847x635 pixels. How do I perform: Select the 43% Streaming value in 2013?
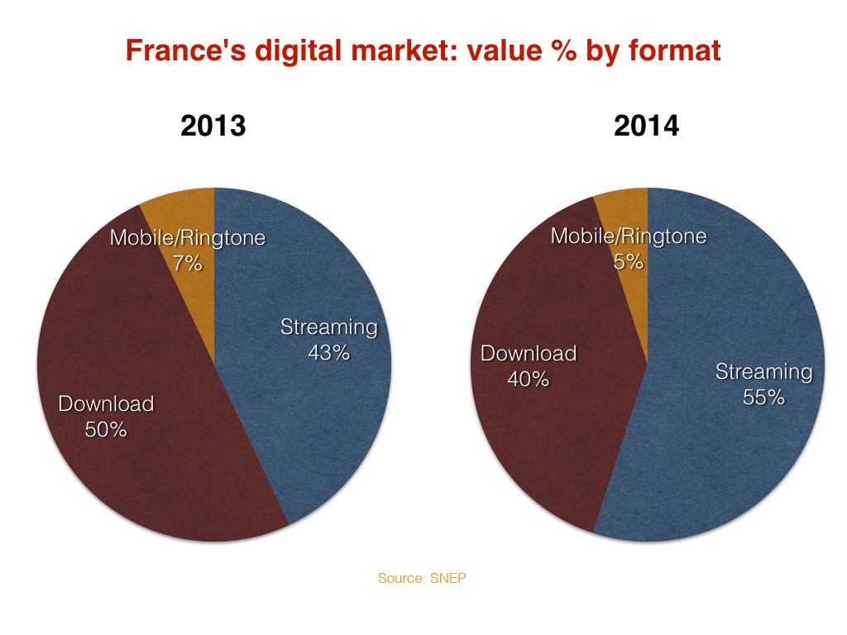pyautogui.click(x=328, y=352)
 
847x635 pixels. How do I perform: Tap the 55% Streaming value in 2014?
pyautogui.click(x=763, y=397)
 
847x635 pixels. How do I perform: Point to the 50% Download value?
pyautogui.click(x=106, y=429)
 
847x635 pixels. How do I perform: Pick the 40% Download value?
pyautogui.click(x=529, y=379)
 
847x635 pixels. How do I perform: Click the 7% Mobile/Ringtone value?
pyautogui.click(x=188, y=264)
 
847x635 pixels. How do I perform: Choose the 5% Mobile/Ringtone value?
pyautogui.click(x=629, y=262)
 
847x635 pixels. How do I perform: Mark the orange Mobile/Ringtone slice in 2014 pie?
pyautogui.click(x=625, y=207)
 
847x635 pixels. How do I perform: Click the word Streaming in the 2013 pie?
pyautogui.click(x=328, y=327)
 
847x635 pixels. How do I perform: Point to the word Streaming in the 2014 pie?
pyautogui.click(x=763, y=372)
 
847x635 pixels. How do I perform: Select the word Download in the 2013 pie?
pyautogui.click(x=106, y=403)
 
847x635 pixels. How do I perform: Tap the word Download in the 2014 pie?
pyautogui.click(x=529, y=354)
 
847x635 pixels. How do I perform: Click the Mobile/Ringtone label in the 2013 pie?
pyautogui.click(x=188, y=238)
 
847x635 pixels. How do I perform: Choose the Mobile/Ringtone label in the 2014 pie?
pyautogui.click(x=629, y=236)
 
